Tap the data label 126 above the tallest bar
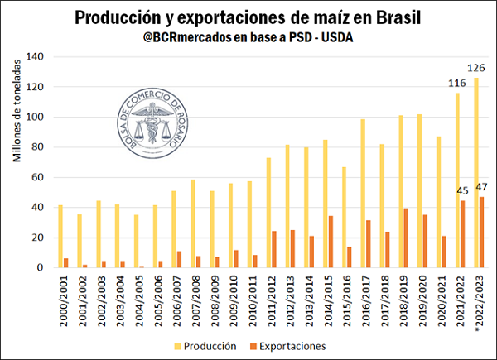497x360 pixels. [x=476, y=69]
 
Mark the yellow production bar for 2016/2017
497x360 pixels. [x=361, y=194]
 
